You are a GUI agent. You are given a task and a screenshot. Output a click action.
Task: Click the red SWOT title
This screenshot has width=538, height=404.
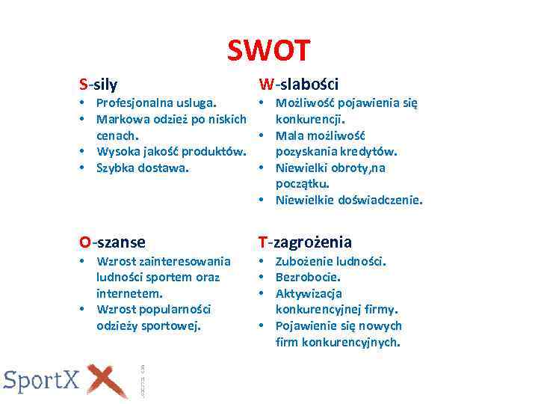268,51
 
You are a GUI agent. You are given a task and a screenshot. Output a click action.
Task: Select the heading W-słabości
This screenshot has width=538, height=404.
298,84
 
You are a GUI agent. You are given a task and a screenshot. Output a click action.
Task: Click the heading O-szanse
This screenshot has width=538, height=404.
113,242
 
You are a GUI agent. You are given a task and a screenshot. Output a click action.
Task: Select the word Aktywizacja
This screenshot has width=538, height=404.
309,293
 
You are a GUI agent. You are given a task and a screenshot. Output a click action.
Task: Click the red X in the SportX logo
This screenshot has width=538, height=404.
107,379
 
